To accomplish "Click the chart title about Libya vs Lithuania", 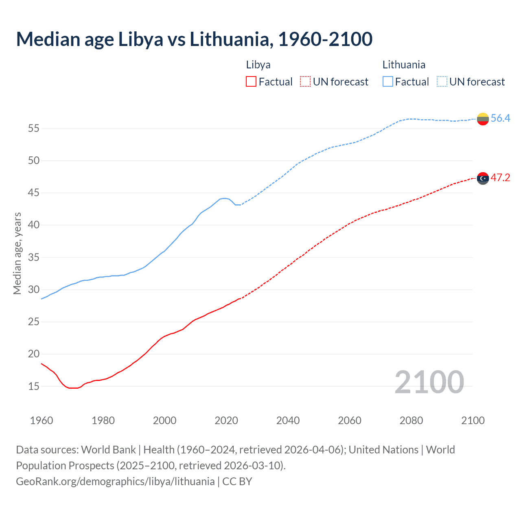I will (194, 39).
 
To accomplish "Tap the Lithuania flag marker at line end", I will (483, 119).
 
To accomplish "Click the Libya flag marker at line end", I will (483, 178).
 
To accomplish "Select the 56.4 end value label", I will (500, 118).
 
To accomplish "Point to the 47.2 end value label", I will (500, 178).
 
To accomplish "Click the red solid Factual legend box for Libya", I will (251, 82).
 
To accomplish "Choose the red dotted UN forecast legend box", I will (305, 82).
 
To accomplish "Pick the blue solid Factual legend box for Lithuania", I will (388, 82).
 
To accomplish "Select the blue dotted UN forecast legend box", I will (442, 82).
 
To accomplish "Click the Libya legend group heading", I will (258, 65).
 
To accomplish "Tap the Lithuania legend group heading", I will (404, 65).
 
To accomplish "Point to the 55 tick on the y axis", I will (33, 129).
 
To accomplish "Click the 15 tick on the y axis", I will (33, 386).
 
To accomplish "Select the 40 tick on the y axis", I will (33, 225).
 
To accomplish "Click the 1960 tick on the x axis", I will (42, 420).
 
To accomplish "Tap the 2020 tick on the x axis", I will (226, 420).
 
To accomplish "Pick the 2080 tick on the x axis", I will (411, 420).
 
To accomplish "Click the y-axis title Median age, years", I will (17, 253).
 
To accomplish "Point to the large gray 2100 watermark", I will (429, 382).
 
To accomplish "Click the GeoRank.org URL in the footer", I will (115, 482).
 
